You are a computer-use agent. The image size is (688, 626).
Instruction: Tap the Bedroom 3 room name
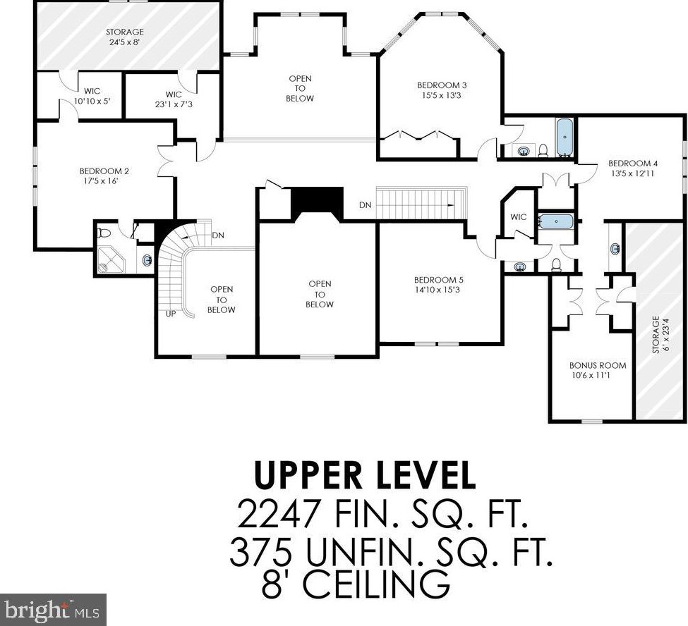click(442, 90)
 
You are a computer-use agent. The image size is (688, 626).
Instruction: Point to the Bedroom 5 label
click(438, 285)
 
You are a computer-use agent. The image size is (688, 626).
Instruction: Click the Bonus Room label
click(598, 370)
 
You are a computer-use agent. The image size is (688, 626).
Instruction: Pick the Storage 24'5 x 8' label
click(125, 37)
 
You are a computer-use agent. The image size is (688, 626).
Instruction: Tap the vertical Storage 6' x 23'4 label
click(660, 334)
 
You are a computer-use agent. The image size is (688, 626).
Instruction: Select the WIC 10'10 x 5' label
click(92, 96)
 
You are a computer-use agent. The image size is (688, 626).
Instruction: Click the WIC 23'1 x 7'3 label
click(174, 99)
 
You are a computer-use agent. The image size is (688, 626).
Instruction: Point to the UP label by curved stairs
click(171, 314)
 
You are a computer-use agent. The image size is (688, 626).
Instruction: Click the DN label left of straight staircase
click(365, 204)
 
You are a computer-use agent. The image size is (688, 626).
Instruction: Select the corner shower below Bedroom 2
click(111, 260)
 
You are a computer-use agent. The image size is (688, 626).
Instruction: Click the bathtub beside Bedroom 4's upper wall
click(565, 137)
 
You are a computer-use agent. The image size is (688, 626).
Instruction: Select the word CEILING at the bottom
click(376, 584)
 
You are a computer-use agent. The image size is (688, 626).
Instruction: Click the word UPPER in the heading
click(308, 475)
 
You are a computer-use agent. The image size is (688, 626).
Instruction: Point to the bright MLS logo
click(53, 610)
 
